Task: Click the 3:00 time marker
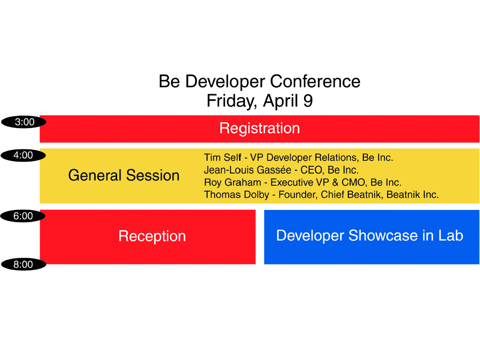tap(24, 122)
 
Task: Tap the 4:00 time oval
tap(23, 155)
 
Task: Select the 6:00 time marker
tap(23, 216)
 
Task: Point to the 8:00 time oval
tap(23, 264)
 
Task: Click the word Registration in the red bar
tap(260, 128)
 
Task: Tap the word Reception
tap(152, 236)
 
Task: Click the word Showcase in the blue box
tap(383, 235)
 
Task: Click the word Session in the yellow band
tap(153, 175)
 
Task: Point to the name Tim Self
tap(223, 157)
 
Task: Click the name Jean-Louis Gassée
tap(247, 170)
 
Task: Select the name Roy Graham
tap(232, 182)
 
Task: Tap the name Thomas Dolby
tap(237, 195)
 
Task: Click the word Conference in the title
tap(315, 82)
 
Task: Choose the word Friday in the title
tap(231, 101)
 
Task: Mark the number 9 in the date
tap(308, 101)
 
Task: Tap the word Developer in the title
tap(225, 82)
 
